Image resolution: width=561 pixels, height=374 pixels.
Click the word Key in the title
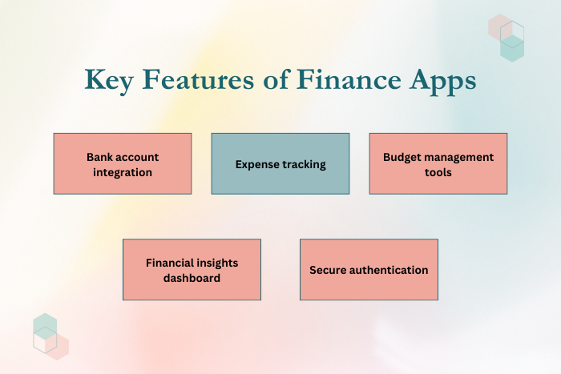click(109, 81)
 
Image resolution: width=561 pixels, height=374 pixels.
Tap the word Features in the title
click(198, 79)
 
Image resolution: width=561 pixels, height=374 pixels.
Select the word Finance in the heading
click(349, 79)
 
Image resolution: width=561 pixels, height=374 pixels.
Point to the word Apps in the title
click(443, 82)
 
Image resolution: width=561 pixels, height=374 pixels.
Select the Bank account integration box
click(123, 163)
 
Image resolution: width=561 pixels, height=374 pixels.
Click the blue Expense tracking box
click(280, 163)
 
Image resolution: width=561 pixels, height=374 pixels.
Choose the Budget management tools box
click(438, 163)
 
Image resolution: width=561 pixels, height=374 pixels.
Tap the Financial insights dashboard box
click(192, 270)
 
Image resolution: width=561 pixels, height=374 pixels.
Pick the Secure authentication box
click(369, 270)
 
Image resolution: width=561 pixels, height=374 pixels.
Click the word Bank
click(99, 157)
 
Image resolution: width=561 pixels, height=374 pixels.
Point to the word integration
click(123, 173)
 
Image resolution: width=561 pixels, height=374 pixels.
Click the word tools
click(438, 172)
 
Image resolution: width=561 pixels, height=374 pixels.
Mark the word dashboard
click(192, 278)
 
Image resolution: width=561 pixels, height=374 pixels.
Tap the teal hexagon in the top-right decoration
click(512, 48)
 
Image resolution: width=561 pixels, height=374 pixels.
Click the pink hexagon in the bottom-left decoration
click(57, 347)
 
